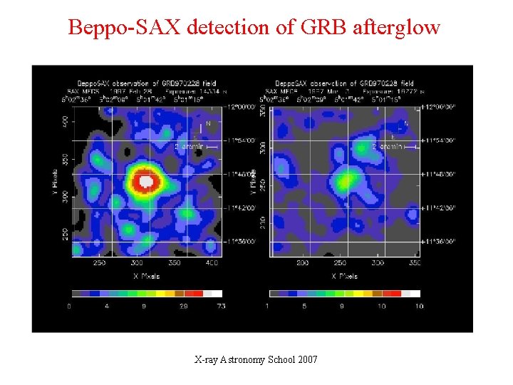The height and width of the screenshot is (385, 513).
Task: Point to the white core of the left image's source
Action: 147,181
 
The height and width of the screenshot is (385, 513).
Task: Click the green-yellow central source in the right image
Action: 345,180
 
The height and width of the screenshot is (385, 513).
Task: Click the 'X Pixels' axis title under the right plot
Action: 344,276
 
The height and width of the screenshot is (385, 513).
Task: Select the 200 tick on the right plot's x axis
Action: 303,263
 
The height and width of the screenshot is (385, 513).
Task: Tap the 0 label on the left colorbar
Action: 69,307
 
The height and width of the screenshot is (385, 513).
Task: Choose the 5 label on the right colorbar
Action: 304,307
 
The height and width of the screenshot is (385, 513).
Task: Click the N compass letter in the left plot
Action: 208,123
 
